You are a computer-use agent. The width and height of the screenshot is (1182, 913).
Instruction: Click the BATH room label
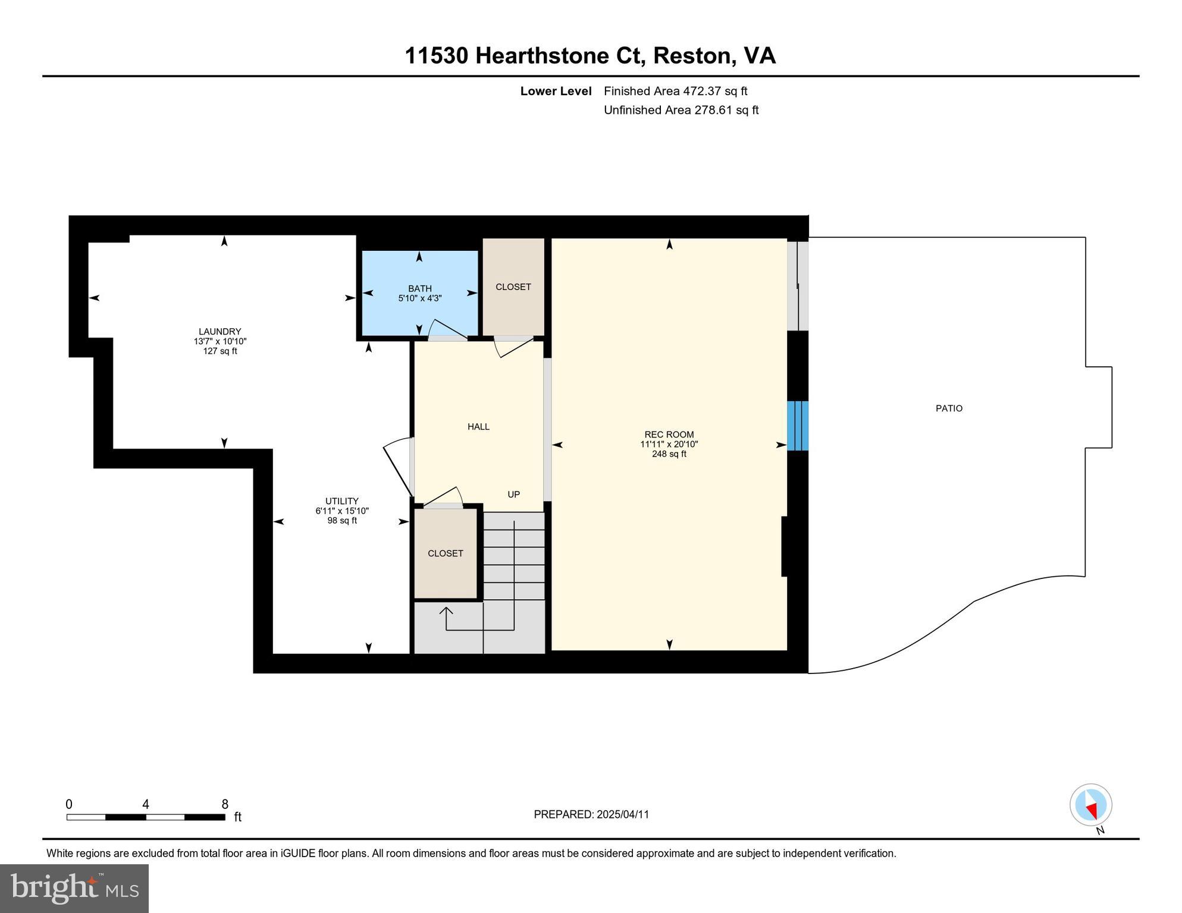(419, 288)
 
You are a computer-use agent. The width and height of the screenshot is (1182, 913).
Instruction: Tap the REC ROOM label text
(669, 435)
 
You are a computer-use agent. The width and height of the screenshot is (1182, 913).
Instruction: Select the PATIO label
(948, 408)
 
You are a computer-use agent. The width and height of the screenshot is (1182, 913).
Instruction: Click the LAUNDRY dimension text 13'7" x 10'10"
(220, 341)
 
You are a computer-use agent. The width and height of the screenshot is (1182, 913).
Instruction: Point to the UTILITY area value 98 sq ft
(342, 521)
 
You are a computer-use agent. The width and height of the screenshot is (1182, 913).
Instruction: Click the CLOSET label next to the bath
(513, 287)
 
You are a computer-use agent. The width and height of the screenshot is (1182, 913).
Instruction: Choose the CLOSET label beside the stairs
(445, 553)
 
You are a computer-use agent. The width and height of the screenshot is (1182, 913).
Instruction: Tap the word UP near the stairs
(513, 495)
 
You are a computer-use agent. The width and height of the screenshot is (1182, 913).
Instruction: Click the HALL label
(478, 427)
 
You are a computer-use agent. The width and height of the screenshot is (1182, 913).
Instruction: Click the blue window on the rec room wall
(797, 426)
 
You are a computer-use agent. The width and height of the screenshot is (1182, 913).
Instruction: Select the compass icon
(1090, 805)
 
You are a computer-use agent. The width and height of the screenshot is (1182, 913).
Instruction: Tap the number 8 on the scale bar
(225, 804)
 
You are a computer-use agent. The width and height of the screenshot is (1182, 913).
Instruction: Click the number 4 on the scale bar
(146, 804)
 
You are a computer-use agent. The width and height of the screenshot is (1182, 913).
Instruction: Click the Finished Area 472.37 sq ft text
(675, 91)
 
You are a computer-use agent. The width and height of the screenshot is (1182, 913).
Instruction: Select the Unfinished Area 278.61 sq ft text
(681, 110)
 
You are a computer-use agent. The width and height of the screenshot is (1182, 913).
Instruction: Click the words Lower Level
(556, 91)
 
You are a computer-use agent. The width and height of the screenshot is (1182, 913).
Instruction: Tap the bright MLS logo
(74, 888)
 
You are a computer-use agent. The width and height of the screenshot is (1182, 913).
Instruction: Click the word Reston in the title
(692, 56)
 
